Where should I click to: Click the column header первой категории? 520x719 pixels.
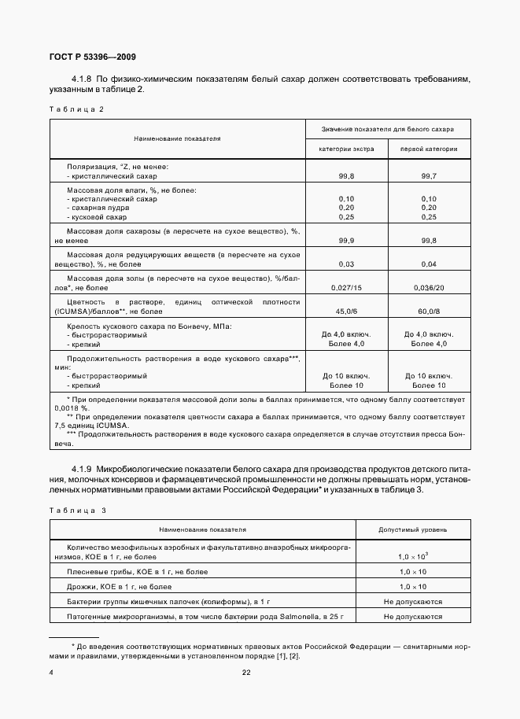tap(428, 149)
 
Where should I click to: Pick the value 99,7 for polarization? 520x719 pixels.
tap(429, 178)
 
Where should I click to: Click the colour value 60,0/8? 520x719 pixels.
tap(429, 311)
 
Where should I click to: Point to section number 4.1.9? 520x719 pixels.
tap(83, 470)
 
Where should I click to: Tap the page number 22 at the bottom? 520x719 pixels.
tap(245, 673)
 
